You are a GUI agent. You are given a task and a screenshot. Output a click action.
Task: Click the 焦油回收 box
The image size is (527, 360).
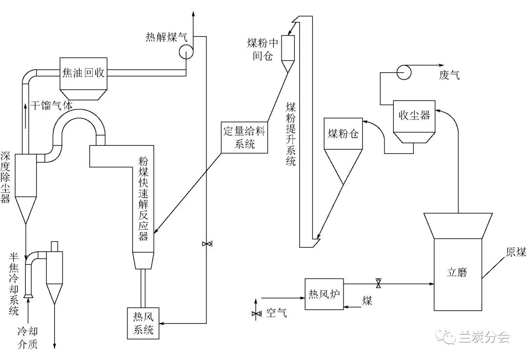click(83, 73)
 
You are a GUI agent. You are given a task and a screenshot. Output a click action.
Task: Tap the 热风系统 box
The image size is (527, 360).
click(144, 323)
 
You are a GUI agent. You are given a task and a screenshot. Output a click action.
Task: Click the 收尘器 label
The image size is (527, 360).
click(414, 115)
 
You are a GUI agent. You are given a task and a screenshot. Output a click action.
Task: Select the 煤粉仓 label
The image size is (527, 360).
click(343, 133)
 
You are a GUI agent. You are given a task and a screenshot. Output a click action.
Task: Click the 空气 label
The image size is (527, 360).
click(277, 313)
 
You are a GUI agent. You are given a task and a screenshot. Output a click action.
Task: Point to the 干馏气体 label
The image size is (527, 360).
click(52, 105)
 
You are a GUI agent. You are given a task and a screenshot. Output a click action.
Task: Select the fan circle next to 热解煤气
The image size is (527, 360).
click(185, 51)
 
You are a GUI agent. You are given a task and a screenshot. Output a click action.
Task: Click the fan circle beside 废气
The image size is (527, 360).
click(404, 72)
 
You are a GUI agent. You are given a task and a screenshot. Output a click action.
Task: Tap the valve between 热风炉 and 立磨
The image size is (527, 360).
click(378, 283)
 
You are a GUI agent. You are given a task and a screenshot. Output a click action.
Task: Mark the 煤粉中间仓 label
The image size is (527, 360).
click(262, 49)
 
